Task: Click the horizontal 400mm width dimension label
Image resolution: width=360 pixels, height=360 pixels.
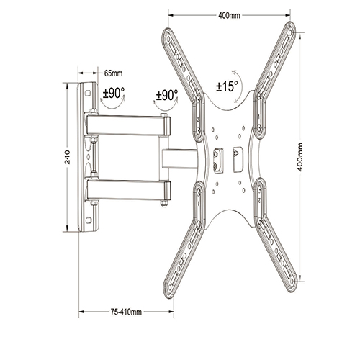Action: tap(230, 15)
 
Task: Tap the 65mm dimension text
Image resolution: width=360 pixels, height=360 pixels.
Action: tap(113, 73)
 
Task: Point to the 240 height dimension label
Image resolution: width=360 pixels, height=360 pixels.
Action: tap(67, 157)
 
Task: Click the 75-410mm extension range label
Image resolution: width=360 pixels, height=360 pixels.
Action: tap(127, 312)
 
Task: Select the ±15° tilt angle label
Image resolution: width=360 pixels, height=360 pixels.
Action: tap(227, 86)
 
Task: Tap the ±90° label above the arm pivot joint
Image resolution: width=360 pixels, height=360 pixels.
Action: tap(166, 94)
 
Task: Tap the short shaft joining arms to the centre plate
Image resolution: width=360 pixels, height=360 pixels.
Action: tap(180, 158)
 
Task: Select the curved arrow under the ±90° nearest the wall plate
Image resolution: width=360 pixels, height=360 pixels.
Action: tap(112, 105)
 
